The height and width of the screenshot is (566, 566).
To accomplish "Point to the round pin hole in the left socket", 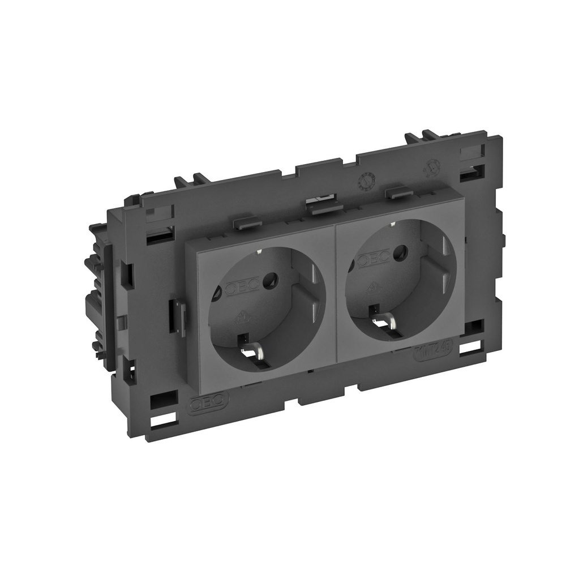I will (x=272, y=279).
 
